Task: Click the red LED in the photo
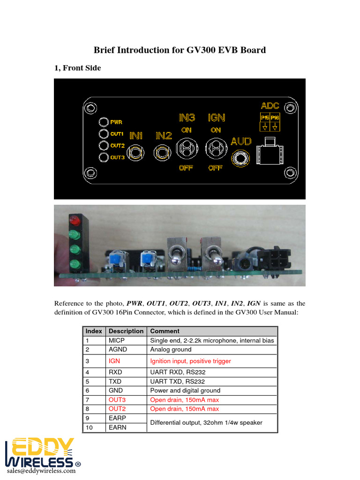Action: (x=74, y=220)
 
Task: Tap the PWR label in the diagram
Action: (x=117, y=122)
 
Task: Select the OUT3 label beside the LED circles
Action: (x=118, y=157)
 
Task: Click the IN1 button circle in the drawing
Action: (x=136, y=153)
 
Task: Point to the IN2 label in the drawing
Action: (x=164, y=136)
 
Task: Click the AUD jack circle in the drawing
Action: (x=241, y=158)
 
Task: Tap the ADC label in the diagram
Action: (x=270, y=105)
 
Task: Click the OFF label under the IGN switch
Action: (x=215, y=168)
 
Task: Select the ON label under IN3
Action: (x=186, y=130)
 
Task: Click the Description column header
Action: (x=126, y=331)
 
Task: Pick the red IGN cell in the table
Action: (x=114, y=361)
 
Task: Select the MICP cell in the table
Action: (x=117, y=340)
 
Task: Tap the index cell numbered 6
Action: (x=87, y=390)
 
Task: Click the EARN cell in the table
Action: (x=118, y=427)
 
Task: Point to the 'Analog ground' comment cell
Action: (x=171, y=350)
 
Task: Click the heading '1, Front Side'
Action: (x=77, y=68)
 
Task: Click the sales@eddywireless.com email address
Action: (x=41, y=471)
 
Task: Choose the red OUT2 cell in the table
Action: (x=117, y=409)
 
